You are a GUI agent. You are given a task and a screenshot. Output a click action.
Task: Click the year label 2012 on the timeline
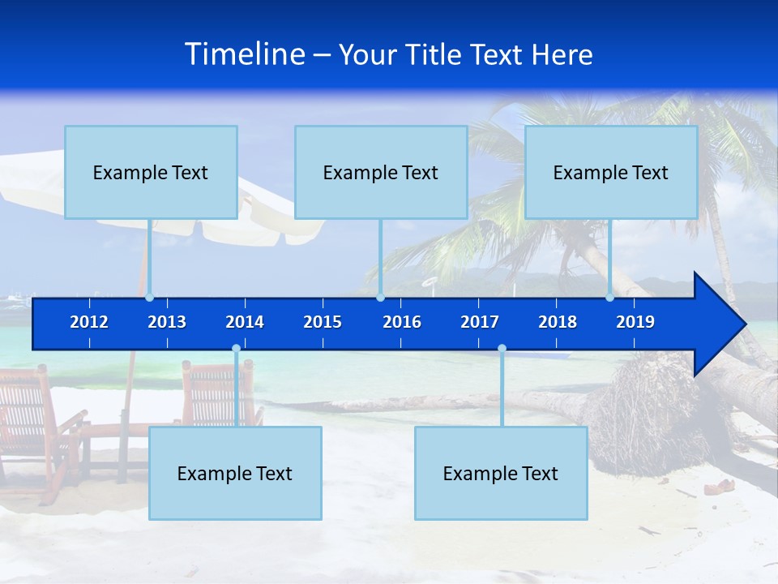(x=89, y=322)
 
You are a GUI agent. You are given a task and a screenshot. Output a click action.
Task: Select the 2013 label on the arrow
(x=167, y=322)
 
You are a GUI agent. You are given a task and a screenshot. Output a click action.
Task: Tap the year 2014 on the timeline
(x=245, y=322)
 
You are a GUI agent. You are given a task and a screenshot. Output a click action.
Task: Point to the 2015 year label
(x=323, y=322)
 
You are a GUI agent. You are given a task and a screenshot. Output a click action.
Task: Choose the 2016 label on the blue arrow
(x=402, y=322)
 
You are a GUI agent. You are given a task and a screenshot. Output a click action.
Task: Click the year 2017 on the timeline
(x=480, y=322)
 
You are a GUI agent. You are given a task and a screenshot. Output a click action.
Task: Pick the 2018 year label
(x=558, y=322)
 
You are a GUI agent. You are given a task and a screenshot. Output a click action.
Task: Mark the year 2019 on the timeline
(x=635, y=322)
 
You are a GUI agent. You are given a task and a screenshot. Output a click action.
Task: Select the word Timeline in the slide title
(x=244, y=54)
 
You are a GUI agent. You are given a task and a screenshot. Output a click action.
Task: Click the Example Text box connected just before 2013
(x=151, y=172)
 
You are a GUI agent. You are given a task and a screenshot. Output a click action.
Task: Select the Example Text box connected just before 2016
(x=381, y=172)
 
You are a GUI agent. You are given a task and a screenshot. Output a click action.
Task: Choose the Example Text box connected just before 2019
(x=611, y=172)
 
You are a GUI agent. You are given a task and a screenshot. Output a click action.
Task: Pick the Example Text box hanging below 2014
(x=235, y=473)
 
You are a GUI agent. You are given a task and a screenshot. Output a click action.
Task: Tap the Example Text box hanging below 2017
(x=501, y=473)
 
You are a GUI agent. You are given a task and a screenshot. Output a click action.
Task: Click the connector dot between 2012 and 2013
(x=149, y=298)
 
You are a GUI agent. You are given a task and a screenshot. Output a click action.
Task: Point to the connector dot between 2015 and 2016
(x=380, y=298)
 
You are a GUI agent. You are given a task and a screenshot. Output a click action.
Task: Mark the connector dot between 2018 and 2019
(x=610, y=298)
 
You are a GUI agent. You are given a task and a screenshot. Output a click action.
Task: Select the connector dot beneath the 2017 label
(x=502, y=349)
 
